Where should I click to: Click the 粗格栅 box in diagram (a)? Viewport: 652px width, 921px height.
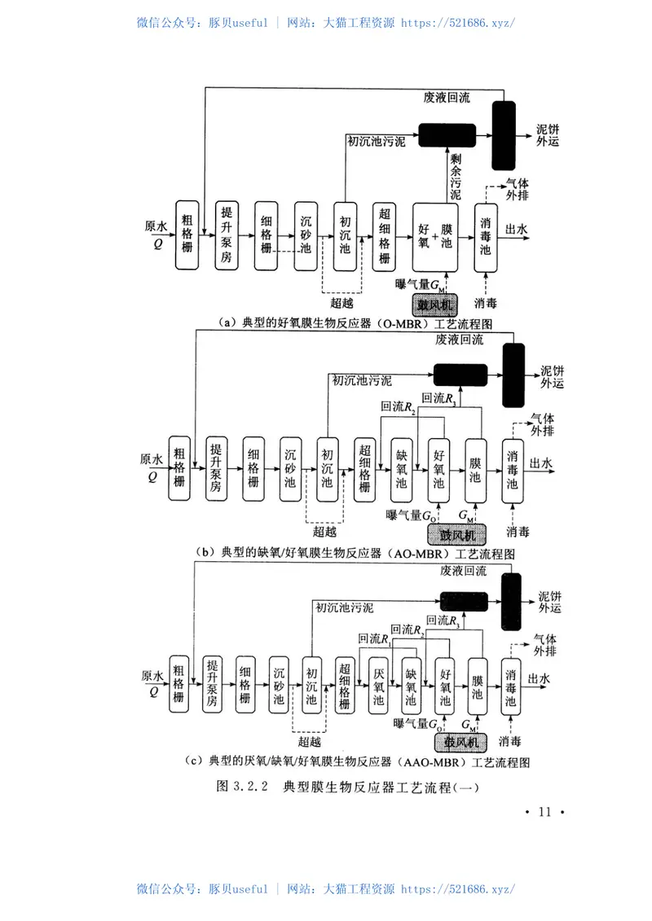point(187,235)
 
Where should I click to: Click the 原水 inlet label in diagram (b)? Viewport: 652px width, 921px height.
point(152,460)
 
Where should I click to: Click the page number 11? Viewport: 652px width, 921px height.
point(545,812)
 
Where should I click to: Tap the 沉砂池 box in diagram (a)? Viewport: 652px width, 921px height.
point(306,235)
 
